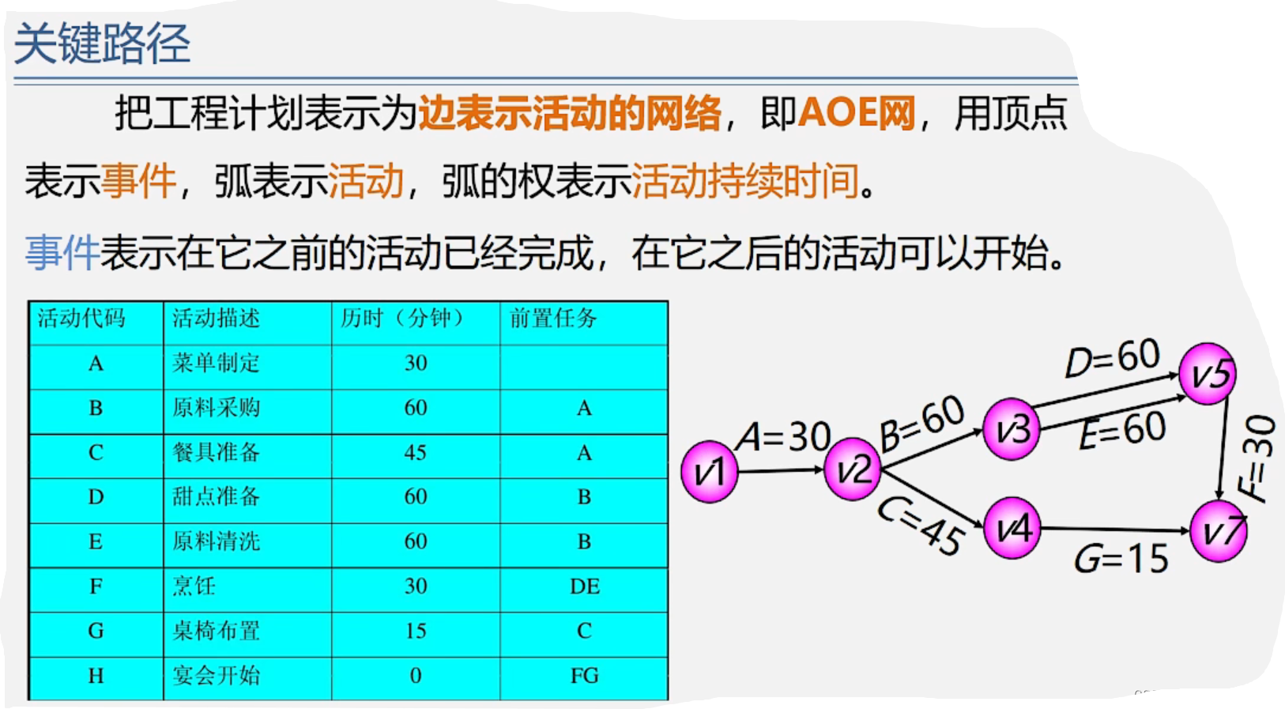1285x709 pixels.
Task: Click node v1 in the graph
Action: pos(709,472)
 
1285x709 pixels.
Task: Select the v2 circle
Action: pos(852,470)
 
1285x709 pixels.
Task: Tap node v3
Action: pos(1012,429)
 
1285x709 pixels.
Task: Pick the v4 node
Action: pos(1012,527)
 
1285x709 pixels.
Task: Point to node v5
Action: pos(1208,373)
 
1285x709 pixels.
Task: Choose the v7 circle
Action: pos(1219,532)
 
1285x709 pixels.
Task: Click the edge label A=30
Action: pos(783,437)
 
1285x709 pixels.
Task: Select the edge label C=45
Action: pos(921,526)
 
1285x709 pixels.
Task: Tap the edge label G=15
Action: pos(1121,560)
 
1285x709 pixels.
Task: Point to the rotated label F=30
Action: pos(1257,458)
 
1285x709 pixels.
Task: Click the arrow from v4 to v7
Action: pos(1114,530)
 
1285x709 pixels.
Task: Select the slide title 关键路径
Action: pos(103,43)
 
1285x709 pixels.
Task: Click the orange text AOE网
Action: pos(857,113)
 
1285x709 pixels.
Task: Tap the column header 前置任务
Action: pos(553,319)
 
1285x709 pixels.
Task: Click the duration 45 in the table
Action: pos(416,453)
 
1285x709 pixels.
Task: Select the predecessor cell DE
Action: pos(584,586)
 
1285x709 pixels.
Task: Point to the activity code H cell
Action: pos(96,676)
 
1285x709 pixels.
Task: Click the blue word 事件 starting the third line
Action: pos(62,254)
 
